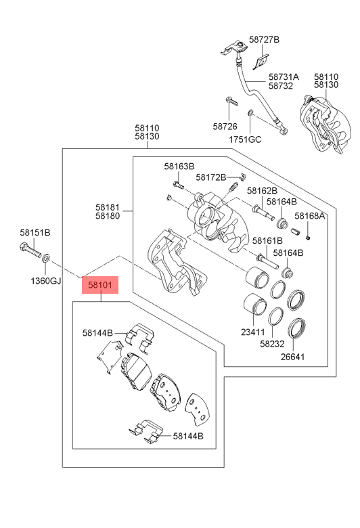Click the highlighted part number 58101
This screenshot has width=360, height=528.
[100, 285]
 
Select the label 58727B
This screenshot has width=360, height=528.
[264, 39]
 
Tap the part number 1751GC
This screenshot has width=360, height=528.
[245, 139]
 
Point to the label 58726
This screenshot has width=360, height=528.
[225, 127]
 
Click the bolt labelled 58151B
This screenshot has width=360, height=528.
[30, 250]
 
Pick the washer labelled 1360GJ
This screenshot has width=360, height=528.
[46, 259]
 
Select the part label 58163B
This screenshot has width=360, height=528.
[179, 166]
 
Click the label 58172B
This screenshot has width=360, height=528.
[211, 177]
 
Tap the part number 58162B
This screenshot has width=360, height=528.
[262, 191]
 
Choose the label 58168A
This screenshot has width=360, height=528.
[309, 215]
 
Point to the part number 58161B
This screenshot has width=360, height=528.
[267, 240]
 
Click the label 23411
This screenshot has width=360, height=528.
[253, 332]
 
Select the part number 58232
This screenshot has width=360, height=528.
[272, 344]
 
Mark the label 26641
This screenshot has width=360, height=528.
[292, 357]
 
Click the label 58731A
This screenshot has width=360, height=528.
[284, 76]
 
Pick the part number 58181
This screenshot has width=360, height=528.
[108, 207]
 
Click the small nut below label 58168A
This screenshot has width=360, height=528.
[307, 238]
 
